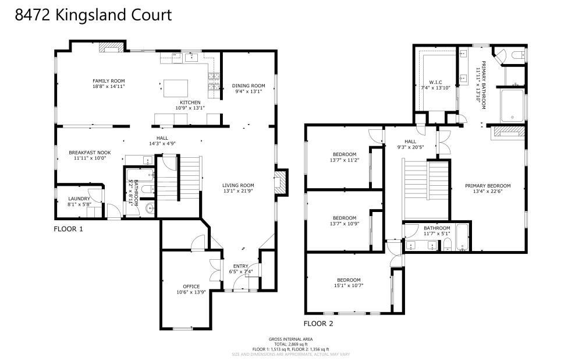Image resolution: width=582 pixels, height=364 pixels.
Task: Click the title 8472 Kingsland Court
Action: point(93,15)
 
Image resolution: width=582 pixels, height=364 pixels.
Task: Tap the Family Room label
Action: point(109,81)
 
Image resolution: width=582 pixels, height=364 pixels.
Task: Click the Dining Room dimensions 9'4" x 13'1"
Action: point(249,91)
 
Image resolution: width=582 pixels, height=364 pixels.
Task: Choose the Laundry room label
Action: point(79,199)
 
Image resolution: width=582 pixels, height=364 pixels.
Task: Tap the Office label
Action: point(191,286)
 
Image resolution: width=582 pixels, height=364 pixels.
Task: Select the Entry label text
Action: point(240,266)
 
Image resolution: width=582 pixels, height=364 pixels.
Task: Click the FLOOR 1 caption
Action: point(68,229)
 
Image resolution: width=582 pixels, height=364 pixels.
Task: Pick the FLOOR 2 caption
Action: point(318,323)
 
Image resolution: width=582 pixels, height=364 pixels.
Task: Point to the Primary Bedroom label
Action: point(487,186)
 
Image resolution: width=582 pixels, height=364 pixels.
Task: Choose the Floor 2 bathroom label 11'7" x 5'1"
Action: point(436,234)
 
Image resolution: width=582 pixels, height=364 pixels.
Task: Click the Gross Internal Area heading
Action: point(290,339)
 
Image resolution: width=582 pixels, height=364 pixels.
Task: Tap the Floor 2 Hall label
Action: point(410,141)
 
